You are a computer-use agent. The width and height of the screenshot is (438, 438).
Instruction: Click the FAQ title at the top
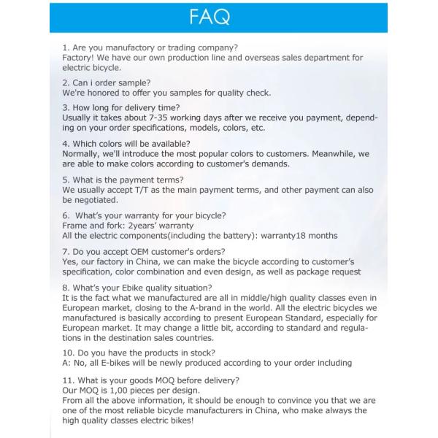point(219,17)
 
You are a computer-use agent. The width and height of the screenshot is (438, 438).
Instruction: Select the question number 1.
point(66,47)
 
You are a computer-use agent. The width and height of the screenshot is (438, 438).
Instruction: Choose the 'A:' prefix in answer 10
point(67,363)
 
